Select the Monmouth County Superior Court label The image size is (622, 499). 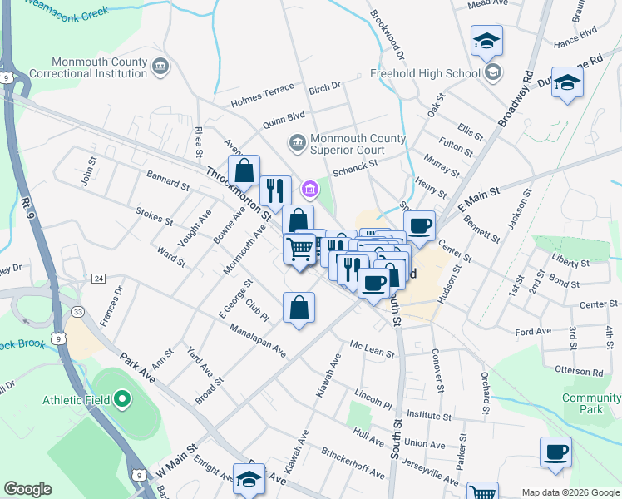click(x=358, y=144)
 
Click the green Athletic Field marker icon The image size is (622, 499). click(x=122, y=400)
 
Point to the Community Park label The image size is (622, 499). click(x=591, y=404)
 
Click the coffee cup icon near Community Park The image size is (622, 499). click(x=555, y=452)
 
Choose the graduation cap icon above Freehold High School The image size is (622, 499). click(x=486, y=40)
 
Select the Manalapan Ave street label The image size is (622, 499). click(x=259, y=340)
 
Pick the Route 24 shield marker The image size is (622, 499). click(x=98, y=278)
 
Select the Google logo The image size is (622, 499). click(x=27, y=489)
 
